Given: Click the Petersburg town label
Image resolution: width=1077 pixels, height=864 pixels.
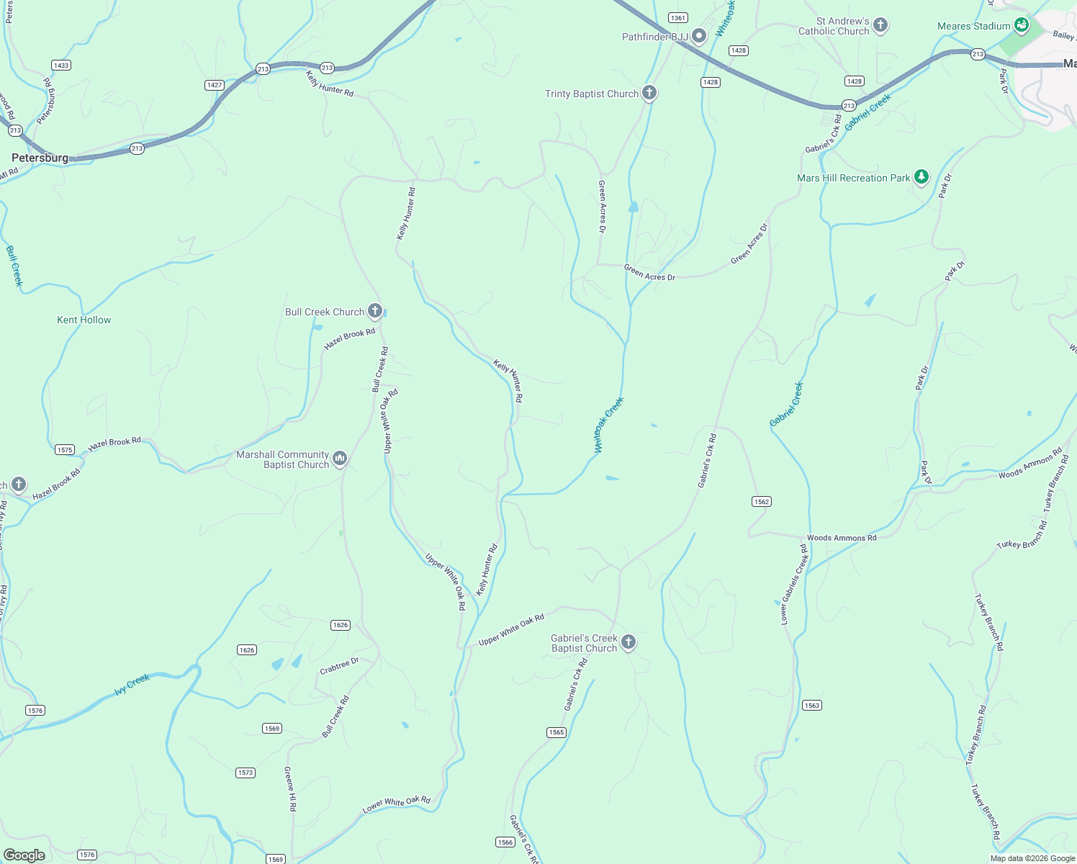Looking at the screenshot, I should pyautogui.click(x=40, y=158).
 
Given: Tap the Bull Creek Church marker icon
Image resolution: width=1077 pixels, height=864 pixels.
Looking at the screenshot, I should pyautogui.click(x=375, y=311).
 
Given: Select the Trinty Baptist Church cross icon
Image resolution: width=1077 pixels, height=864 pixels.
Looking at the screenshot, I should pyautogui.click(x=649, y=93).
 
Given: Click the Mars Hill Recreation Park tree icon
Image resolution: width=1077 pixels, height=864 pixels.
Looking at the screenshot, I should pyautogui.click(x=921, y=176).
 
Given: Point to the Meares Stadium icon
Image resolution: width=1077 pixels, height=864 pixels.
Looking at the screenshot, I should pyautogui.click(x=1022, y=25).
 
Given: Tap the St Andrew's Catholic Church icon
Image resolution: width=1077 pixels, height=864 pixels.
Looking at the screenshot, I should pyautogui.click(x=880, y=25).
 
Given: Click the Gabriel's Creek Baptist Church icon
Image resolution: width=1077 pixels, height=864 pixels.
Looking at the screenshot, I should pyautogui.click(x=628, y=642).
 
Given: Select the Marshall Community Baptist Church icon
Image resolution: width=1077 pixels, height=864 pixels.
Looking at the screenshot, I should pyautogui.click(x=340, y=458).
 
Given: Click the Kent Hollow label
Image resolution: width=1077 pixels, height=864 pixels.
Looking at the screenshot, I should pyautogui.click(x=84, y=320).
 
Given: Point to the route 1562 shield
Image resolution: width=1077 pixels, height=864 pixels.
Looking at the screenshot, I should pyautogui.click(x=762, y=501).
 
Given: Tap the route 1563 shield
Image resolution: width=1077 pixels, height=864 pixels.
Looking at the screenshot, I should pyautogui.click(x=812, y=705).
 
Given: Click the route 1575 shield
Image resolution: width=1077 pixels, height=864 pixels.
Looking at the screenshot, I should pyautogui.click(x=65, y=449).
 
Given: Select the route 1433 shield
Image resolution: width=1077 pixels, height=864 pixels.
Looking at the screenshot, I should pyautogui.click(x=61, y=65).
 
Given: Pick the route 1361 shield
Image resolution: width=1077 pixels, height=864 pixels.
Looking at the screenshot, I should pyautogui.click(x=677, y=17).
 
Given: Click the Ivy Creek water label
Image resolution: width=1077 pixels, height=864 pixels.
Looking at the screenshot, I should pyautogui.click(x=132, y=684).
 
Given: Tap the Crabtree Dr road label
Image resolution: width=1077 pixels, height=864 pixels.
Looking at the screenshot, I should pyautogui.click(x=339, y=667).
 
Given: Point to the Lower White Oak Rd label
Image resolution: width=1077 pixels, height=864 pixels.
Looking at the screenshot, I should pyautogui.click(x=396, y=804).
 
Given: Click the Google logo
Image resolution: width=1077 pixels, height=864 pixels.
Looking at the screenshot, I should pyautogui.click(x=24, y=855).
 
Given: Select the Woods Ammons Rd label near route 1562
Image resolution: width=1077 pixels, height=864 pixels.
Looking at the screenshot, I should pyautogui.click(x=842, y=538).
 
